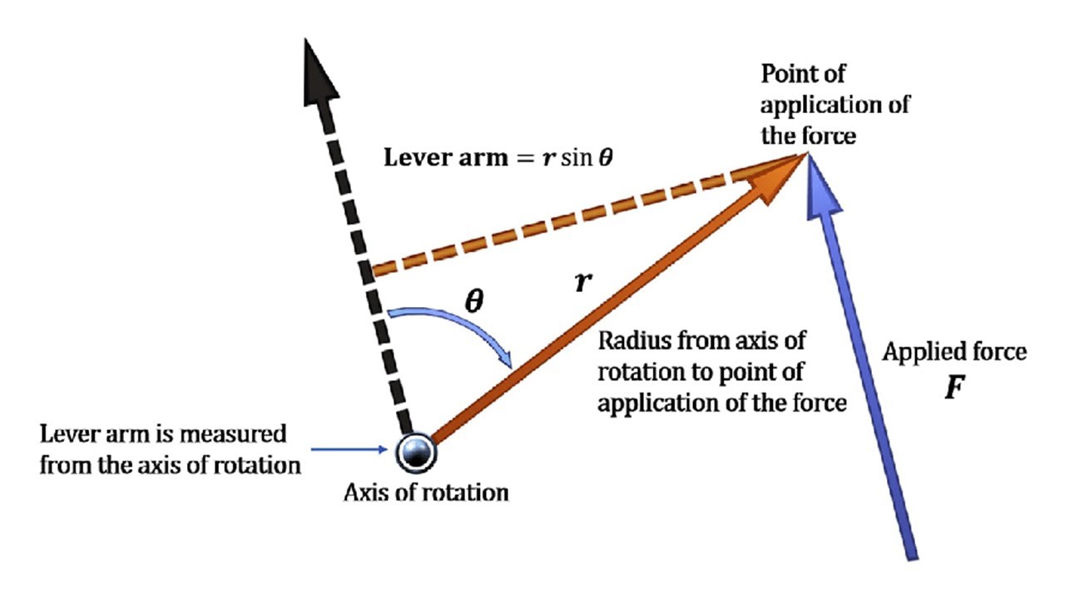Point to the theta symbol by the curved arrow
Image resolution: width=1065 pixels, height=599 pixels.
pyautogui.click(x=473, y=300)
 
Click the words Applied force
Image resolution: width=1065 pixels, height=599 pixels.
pyautogui.click(x=954, y=353)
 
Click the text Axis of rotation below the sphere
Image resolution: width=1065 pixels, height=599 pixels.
pyautogui.click(x=426, y=493)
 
